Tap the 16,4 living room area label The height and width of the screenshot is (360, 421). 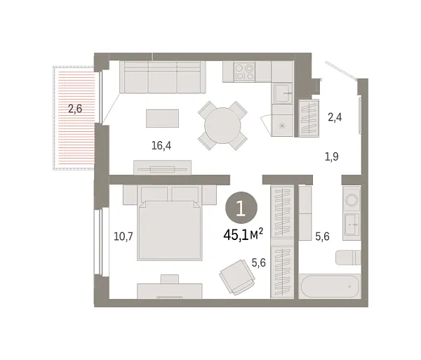[162, 146]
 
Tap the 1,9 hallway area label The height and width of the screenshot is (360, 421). [332, 156]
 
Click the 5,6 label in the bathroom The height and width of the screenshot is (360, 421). [323, 236]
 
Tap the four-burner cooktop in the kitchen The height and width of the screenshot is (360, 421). [243, 72]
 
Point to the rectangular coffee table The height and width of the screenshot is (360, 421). [162, 118]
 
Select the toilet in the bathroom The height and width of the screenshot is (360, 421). [347, 257]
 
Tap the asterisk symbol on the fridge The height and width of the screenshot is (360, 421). [283, 125]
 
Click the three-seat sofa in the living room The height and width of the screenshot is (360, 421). [161, 77]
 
